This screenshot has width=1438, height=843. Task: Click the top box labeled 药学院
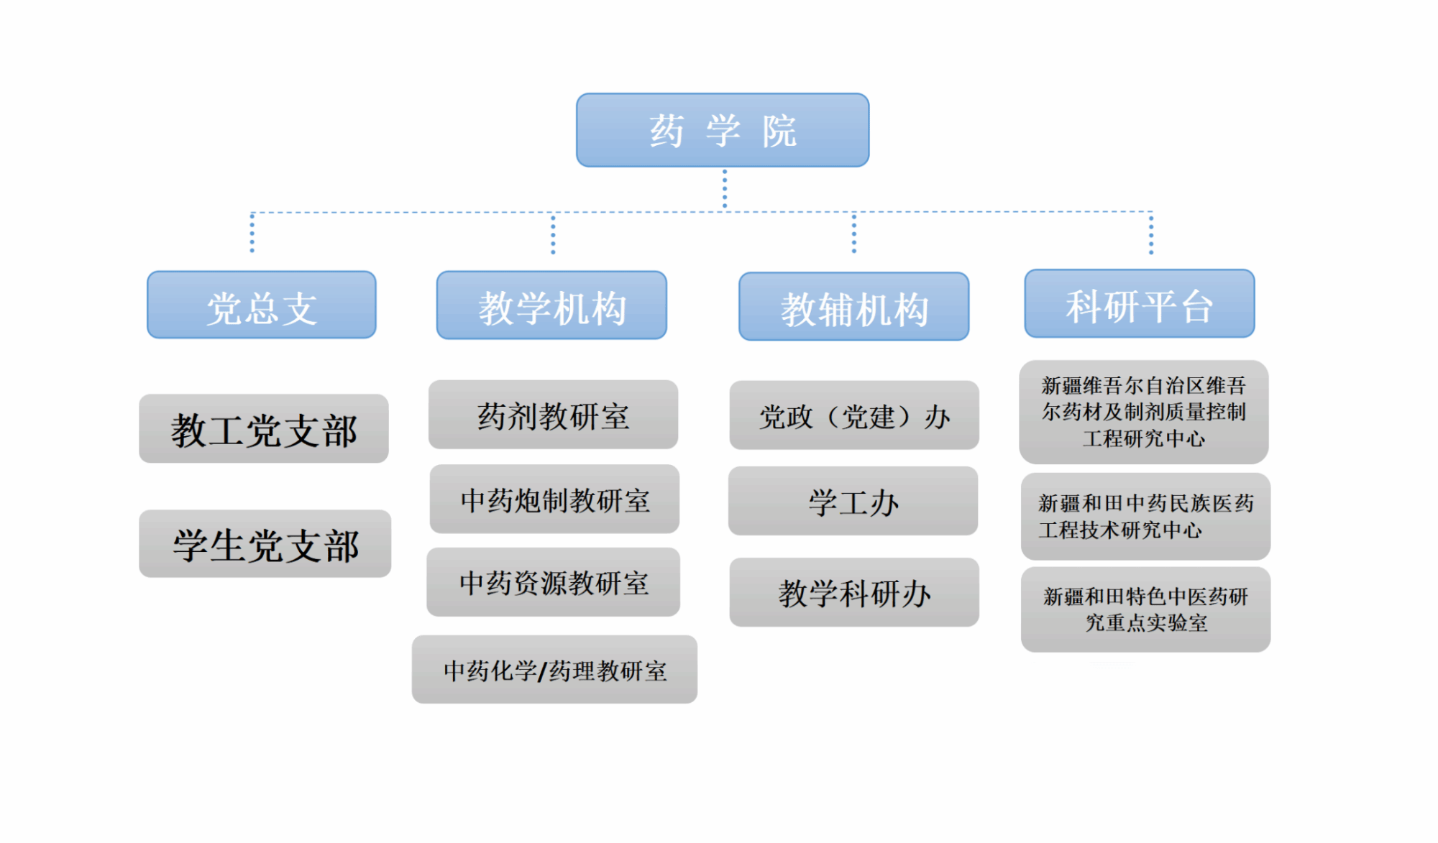point(723,130)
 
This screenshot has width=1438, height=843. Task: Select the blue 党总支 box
point(262,305)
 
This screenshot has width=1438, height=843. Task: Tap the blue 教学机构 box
point(551,305)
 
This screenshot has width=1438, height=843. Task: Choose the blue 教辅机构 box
point(854,306)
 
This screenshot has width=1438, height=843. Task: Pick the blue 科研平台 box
point(1140,303)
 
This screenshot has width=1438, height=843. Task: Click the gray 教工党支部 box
point(264,428)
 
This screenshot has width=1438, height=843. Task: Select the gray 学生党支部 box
point(265,543)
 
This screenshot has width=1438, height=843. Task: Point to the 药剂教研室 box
point(553,415)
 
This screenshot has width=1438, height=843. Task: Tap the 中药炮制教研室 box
point(554,499)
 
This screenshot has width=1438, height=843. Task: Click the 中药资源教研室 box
point(553,582)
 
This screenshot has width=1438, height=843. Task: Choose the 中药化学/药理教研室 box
point(554,669)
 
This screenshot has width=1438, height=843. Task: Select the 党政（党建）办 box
point(854,415)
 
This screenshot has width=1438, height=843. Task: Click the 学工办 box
point(853,501)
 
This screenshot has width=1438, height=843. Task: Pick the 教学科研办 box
point(854,592)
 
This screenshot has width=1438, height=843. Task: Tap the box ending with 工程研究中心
point(1144,412)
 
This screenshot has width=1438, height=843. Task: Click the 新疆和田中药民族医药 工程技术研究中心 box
point(1145,516)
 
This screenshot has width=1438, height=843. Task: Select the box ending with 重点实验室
point(1145,609)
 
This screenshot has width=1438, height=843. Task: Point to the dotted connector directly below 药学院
point(724,189)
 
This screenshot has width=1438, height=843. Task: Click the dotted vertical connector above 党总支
point(252,232)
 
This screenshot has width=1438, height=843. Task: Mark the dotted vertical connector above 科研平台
point(1151,233)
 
